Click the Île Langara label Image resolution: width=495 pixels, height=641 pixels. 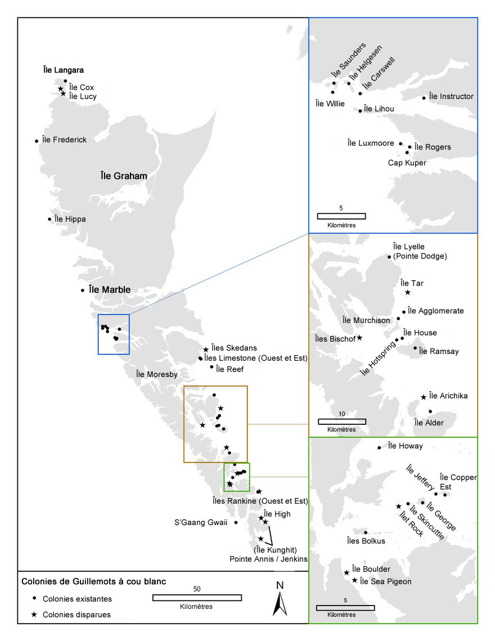63,70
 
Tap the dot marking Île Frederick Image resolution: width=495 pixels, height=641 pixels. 37,141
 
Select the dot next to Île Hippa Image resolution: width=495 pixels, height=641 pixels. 49,219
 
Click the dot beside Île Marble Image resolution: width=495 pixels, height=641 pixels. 83,290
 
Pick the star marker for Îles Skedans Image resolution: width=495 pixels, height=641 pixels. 206,349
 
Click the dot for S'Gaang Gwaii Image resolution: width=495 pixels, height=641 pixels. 236,522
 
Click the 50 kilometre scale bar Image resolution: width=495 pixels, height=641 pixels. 197,598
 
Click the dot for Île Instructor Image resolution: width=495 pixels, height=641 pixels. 424,98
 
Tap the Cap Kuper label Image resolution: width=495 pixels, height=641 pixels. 407,163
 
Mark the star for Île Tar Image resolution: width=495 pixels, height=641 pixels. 407,293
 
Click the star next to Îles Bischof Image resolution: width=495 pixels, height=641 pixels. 359,338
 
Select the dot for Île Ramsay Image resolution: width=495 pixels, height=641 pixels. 415,348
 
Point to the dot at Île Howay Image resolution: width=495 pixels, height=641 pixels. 380,448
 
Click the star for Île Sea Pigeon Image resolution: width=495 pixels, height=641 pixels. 354,580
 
